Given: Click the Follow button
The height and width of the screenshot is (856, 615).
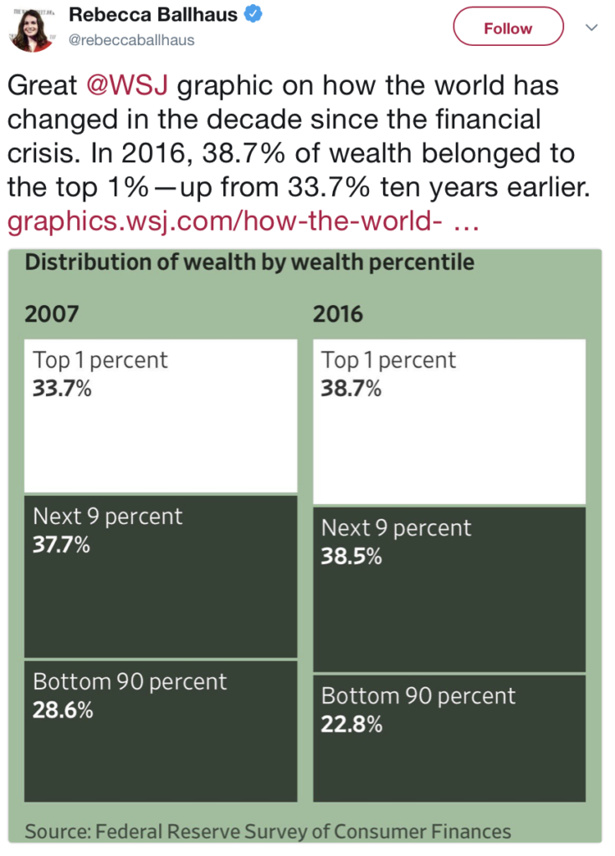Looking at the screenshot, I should click(x=508, y=28).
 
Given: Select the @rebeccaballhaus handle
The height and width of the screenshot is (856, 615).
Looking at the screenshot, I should click(x=131, y=40).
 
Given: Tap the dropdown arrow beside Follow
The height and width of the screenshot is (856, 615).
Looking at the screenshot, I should click(x=591, y=28).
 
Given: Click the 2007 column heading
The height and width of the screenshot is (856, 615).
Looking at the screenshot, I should click(x=52, y=314).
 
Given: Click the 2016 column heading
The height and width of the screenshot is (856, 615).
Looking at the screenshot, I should click(x=338, y=314).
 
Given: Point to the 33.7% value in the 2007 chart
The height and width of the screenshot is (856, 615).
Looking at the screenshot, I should click(x=62, y=388).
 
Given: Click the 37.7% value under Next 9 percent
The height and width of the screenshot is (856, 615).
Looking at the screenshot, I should click(x=62, y=544).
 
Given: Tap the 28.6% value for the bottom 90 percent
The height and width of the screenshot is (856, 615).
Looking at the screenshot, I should click(x=62, y=711).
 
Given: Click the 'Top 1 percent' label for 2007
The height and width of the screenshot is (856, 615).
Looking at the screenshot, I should click(x=100, y=360).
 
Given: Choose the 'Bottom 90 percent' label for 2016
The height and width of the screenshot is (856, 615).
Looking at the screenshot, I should click(x=418, y=696).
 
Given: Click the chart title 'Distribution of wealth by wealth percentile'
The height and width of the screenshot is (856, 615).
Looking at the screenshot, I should click(x=249, y=262).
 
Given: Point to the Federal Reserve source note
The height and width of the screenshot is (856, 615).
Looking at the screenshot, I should click(x=268, y=831).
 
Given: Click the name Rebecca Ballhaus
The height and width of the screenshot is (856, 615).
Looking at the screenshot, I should click(x=152, y=14).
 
